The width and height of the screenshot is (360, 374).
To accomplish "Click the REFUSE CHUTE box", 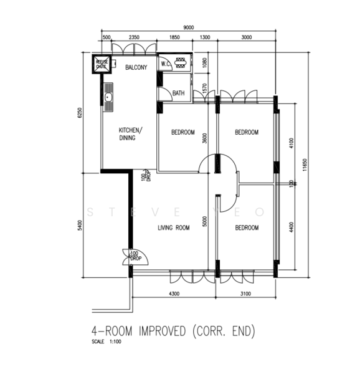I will [x=101, y=65].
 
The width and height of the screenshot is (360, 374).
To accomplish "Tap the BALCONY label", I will [x=136, y=67].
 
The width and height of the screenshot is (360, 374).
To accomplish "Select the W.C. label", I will [x=166, y=64].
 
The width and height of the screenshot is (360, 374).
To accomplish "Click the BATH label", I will [x=178, y=93].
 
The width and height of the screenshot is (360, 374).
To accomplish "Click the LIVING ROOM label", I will [x=173, y=228].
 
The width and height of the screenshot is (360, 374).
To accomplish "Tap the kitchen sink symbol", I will [x=108, y=98].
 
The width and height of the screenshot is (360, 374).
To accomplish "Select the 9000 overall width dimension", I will [x=188, y=27].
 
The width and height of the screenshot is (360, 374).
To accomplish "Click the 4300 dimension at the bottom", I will [x=173, y=294].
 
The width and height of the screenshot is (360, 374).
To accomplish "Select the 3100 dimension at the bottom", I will [x=247, y=294].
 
